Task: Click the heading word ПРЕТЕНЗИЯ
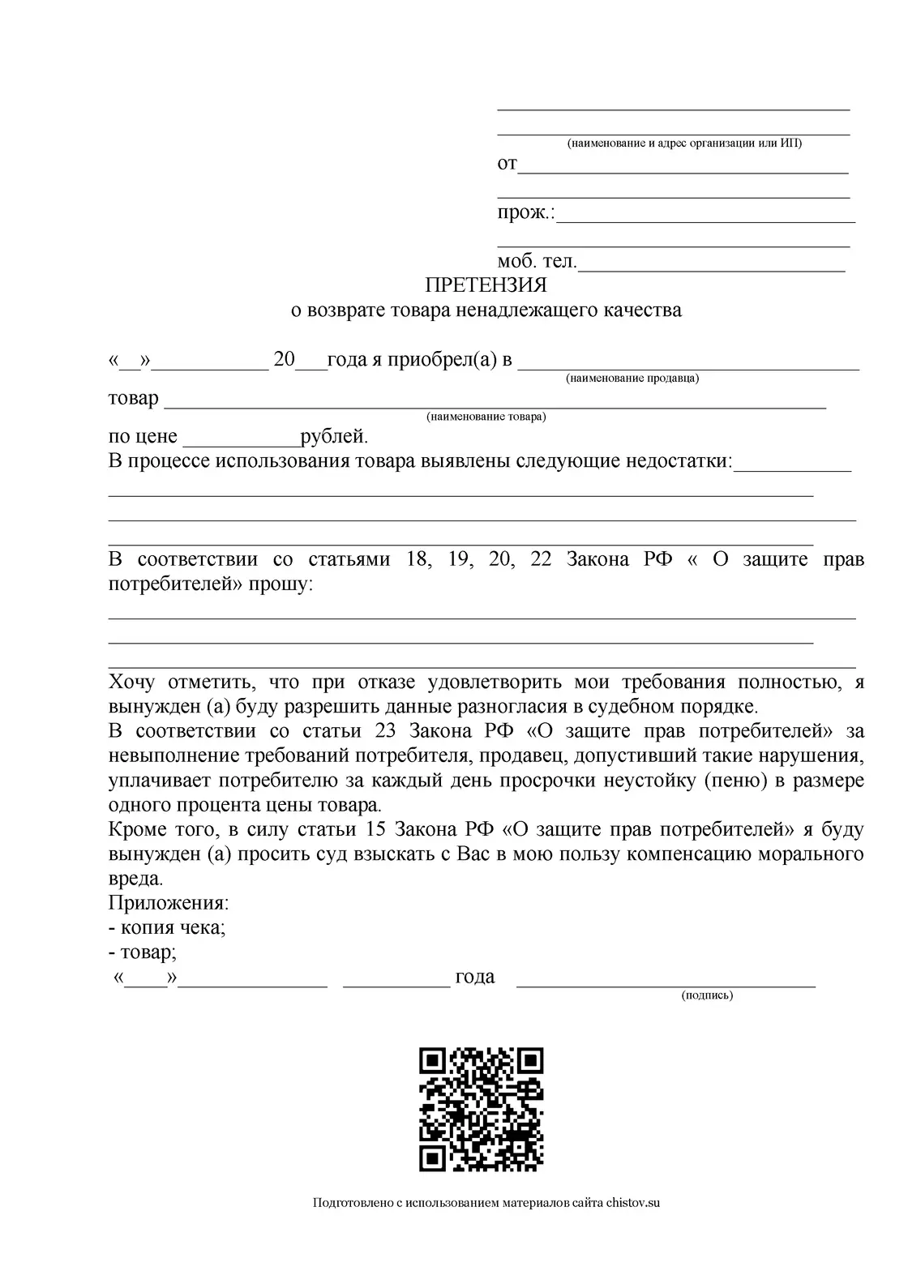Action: coord(486,285)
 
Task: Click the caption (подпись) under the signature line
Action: coord(707,995)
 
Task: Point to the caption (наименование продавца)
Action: coord(632,379)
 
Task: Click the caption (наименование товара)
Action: coord(486,417)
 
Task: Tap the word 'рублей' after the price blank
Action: coord(334,437)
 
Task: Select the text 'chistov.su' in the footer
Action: coord(633,1203)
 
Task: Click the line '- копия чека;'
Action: coord(167,927)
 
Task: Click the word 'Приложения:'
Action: coord(169,902)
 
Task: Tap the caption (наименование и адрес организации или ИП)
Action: coord(683,143)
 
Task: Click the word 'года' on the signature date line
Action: coord(475,977)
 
